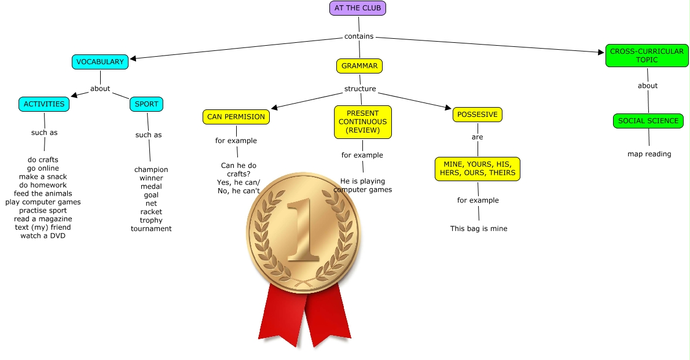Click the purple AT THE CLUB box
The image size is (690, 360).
click(x=357, y=8)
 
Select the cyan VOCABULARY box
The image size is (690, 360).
click(x=100, y=62)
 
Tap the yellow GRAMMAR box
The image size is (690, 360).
click(x=359, y=66)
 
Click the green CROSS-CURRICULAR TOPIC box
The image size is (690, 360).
click(x=647, y=56)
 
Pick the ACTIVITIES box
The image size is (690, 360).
click(x=44, y=104)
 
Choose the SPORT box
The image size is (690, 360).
click(x=146, y=104)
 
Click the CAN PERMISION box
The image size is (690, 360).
click(x=236, y=117)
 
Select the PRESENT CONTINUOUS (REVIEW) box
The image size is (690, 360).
click(x=362, y=122)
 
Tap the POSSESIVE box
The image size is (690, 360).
click(x=477, y=115)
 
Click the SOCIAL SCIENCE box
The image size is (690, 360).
click(x=648, y=121)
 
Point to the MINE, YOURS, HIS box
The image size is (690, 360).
click(x=477, y=168)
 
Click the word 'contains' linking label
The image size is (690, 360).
click(x=359, y=36)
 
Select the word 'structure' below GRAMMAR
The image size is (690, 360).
click(x=360, y=89)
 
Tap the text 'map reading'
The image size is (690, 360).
click(x=649, y=154)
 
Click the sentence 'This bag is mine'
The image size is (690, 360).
click(x=479, y=229)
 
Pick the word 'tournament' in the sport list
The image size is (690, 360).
click(x=151, y=229)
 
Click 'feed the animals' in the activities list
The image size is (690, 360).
click(x=43, y=193)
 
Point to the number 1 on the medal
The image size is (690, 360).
click(x=302, y=232)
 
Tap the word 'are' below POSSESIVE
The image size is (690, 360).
click(x=477, y=137)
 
